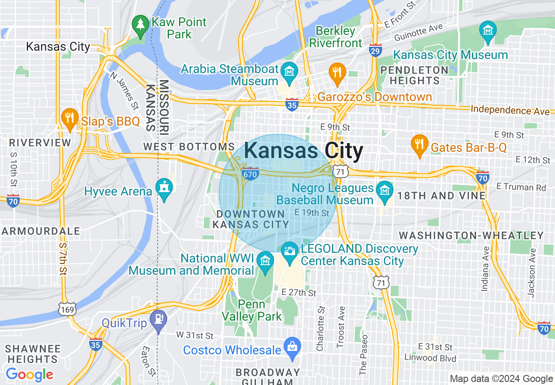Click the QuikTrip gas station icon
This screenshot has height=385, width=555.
[158, 319]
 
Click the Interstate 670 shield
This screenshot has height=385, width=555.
[249, 174]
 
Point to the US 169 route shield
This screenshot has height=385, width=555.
[68, 309]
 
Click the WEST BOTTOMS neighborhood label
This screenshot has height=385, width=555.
[189, 147]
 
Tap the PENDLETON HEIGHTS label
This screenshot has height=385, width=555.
[414, 75]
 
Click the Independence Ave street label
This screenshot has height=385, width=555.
[510, 110]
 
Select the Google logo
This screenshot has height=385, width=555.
[29, 374]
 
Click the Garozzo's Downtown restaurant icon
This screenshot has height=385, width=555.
[337, 73]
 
